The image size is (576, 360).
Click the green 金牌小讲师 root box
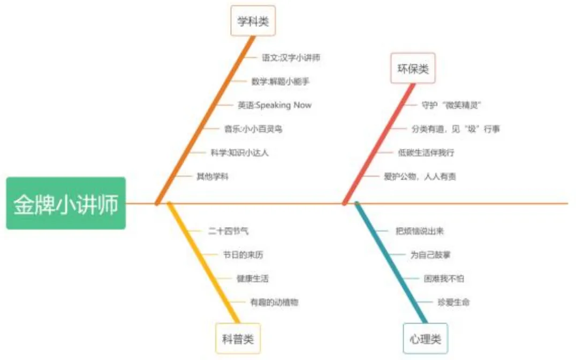[x=66, y=204]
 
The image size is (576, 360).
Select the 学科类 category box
[x=253, y=21]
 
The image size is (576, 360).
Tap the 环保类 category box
[x=413, y=69]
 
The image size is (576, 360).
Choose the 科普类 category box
[x=238, y=339]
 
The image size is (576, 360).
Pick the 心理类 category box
[x=425, y=339]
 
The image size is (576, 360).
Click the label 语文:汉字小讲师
[x=291, y=57]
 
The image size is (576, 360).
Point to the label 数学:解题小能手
[x=280, y=81]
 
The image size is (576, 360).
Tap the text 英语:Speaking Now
[x=274, y=105]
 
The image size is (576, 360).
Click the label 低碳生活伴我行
[x=426, y=153]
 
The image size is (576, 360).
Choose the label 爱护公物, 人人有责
[x=420, y=176]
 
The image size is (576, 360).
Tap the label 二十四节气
[x=228, y=231]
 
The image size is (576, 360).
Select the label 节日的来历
[x=243, y=255]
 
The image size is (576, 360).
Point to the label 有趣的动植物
[x=274, y=303]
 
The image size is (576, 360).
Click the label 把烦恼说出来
[x=419, y=231]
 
